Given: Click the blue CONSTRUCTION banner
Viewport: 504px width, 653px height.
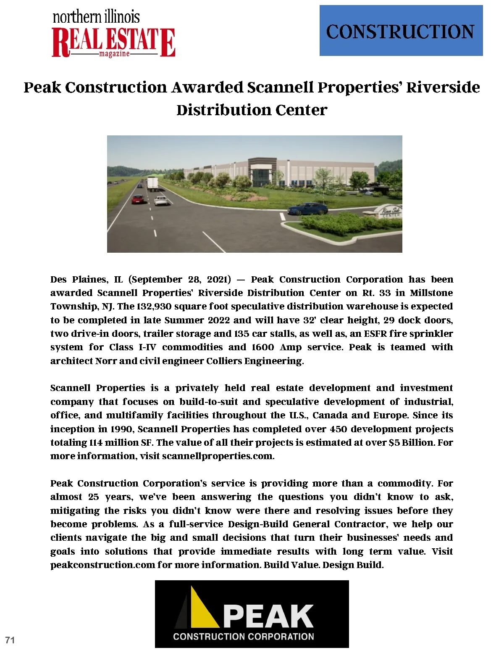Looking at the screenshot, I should click(401, 31).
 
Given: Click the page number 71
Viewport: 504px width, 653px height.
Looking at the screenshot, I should click(10, 640).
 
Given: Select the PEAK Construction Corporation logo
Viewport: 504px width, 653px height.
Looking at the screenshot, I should click(252, 613).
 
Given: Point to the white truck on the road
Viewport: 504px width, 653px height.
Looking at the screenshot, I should click(152, 183).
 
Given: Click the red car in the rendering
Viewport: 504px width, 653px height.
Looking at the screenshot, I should click(138, 199).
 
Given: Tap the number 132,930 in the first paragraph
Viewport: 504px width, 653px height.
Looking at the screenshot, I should click(154, 307).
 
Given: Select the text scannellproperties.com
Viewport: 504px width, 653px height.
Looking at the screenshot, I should click(218, 456).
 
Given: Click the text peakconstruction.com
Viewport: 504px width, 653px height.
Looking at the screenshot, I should click(102, 565).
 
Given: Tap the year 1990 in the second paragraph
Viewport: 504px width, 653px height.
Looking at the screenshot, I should click(121, 429).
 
